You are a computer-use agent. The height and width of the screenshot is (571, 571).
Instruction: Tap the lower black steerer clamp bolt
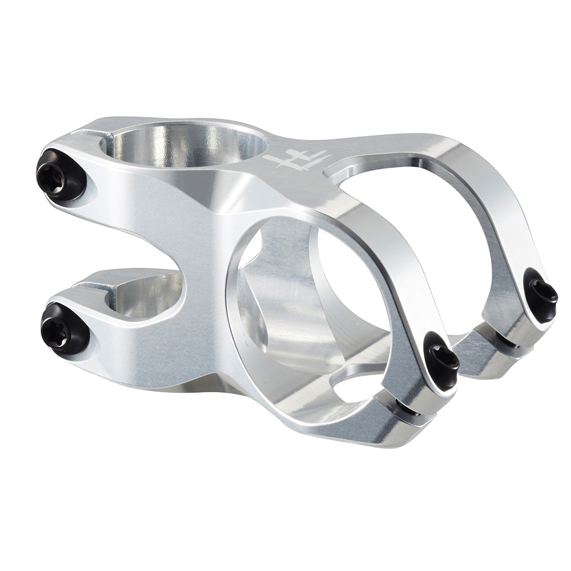(x=65, y=328)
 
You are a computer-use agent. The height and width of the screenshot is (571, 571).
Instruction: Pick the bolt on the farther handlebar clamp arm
(x=541, y=293)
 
